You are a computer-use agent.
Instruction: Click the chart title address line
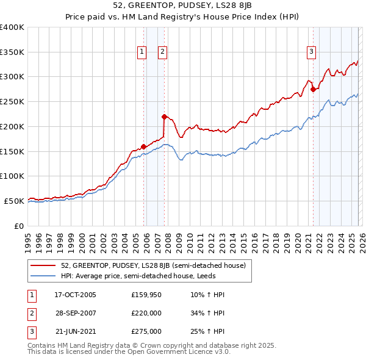183,5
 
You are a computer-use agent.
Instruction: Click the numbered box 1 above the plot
142,52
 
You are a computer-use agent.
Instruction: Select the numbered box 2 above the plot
163,52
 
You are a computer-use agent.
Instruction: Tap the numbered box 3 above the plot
311,52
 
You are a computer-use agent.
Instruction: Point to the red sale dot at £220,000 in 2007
164,116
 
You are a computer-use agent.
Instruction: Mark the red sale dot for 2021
313,89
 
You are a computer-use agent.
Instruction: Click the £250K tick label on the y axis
12,102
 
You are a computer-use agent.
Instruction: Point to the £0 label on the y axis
19,226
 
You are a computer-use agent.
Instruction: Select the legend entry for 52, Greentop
153,266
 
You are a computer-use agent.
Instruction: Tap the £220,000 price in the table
146,313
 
